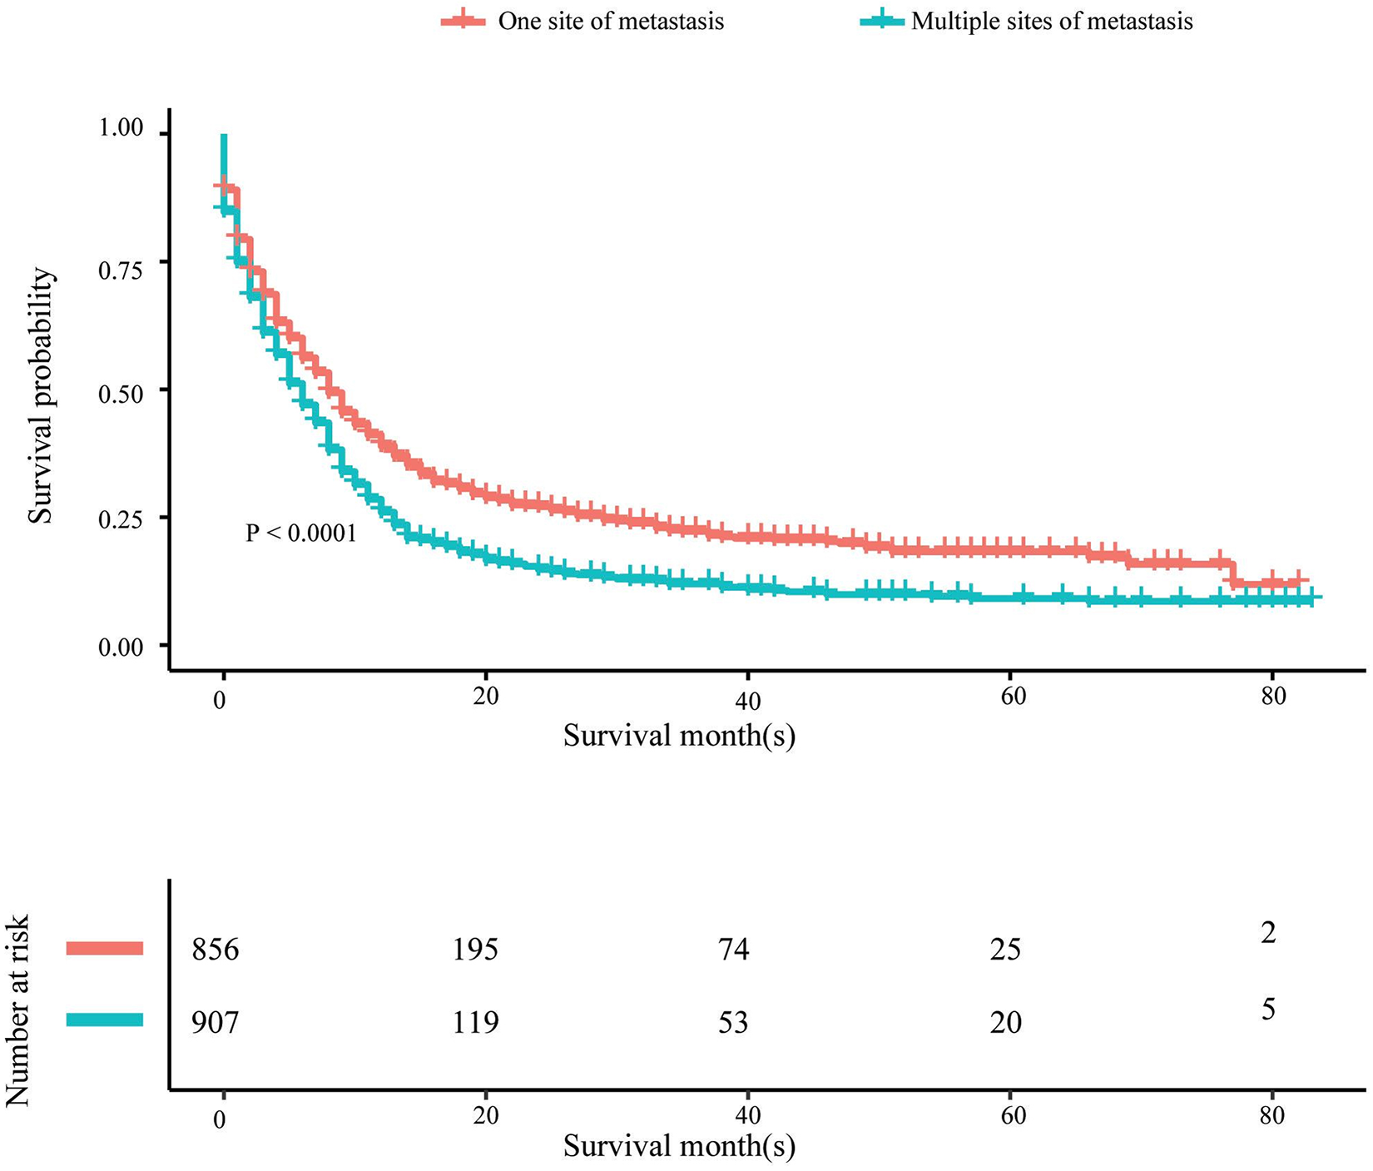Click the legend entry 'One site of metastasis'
coord(582,21)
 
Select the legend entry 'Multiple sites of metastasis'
coord(1026,21)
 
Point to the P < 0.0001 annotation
coord(301,533)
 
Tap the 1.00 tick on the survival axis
coord(121,129)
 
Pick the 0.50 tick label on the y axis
coord(121,391)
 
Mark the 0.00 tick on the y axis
coord(121,647)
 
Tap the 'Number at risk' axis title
coord(17,1010)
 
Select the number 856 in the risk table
coord(216,949)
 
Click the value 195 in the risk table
coord(475,949)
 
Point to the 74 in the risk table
coord(734,949)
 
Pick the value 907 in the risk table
coord(216,1021)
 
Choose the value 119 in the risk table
coord(475,1021)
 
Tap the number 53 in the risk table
coord(734,1021)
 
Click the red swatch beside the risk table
coord(105,948)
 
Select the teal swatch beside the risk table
coord(105,1020)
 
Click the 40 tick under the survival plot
coord(748,702)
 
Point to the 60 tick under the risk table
coord(1012,1115)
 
